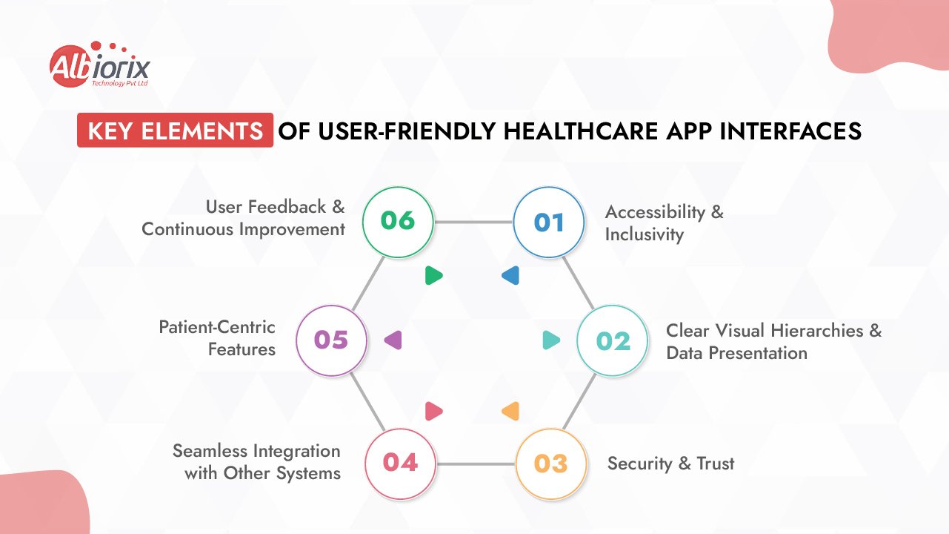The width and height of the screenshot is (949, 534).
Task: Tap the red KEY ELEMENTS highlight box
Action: point(176,131)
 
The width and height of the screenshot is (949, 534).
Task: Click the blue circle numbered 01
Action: point(550,222)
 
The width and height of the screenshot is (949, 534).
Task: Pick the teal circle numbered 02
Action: point(613,340)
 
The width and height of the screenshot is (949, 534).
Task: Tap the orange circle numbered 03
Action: point(550,464)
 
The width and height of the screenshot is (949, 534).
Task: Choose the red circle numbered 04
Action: point(401,463)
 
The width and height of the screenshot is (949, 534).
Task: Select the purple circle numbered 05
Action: point(331,340)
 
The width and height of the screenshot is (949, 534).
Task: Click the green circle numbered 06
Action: point(398,221)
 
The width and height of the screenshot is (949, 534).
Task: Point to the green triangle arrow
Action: point(433,276)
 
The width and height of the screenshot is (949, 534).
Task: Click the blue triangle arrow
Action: point(510,276)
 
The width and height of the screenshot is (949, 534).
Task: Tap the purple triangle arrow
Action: point(393,340)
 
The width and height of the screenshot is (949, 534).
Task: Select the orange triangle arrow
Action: point(510,411)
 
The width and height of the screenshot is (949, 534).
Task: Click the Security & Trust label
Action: point(670,464)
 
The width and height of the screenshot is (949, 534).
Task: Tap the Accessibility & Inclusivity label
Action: point(664,222)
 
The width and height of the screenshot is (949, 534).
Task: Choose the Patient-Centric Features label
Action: point(217,337)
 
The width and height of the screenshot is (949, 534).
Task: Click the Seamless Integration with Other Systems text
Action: point(257,461)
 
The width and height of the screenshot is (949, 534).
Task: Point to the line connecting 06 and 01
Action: point(474,222)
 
